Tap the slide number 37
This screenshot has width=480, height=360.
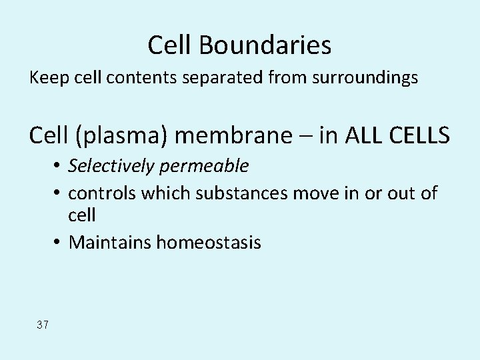(x=43, y=325)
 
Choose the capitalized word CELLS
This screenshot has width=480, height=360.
(x=419, y=136)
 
